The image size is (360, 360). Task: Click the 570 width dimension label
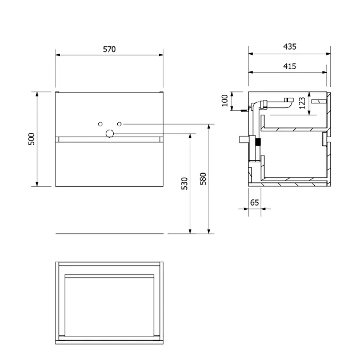point(109,49)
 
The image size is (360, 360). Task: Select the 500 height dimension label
point(31,139)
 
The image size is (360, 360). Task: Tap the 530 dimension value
point(185,183)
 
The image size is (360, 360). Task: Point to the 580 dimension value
point(203,179)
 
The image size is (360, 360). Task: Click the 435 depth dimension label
point(290,47)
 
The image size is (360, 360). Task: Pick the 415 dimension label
point(290,66)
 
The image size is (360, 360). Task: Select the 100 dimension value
point(225,101)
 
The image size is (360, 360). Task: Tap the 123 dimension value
point(302,103)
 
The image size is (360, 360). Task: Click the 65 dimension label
point(254,202)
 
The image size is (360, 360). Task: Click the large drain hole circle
point(110,133)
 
